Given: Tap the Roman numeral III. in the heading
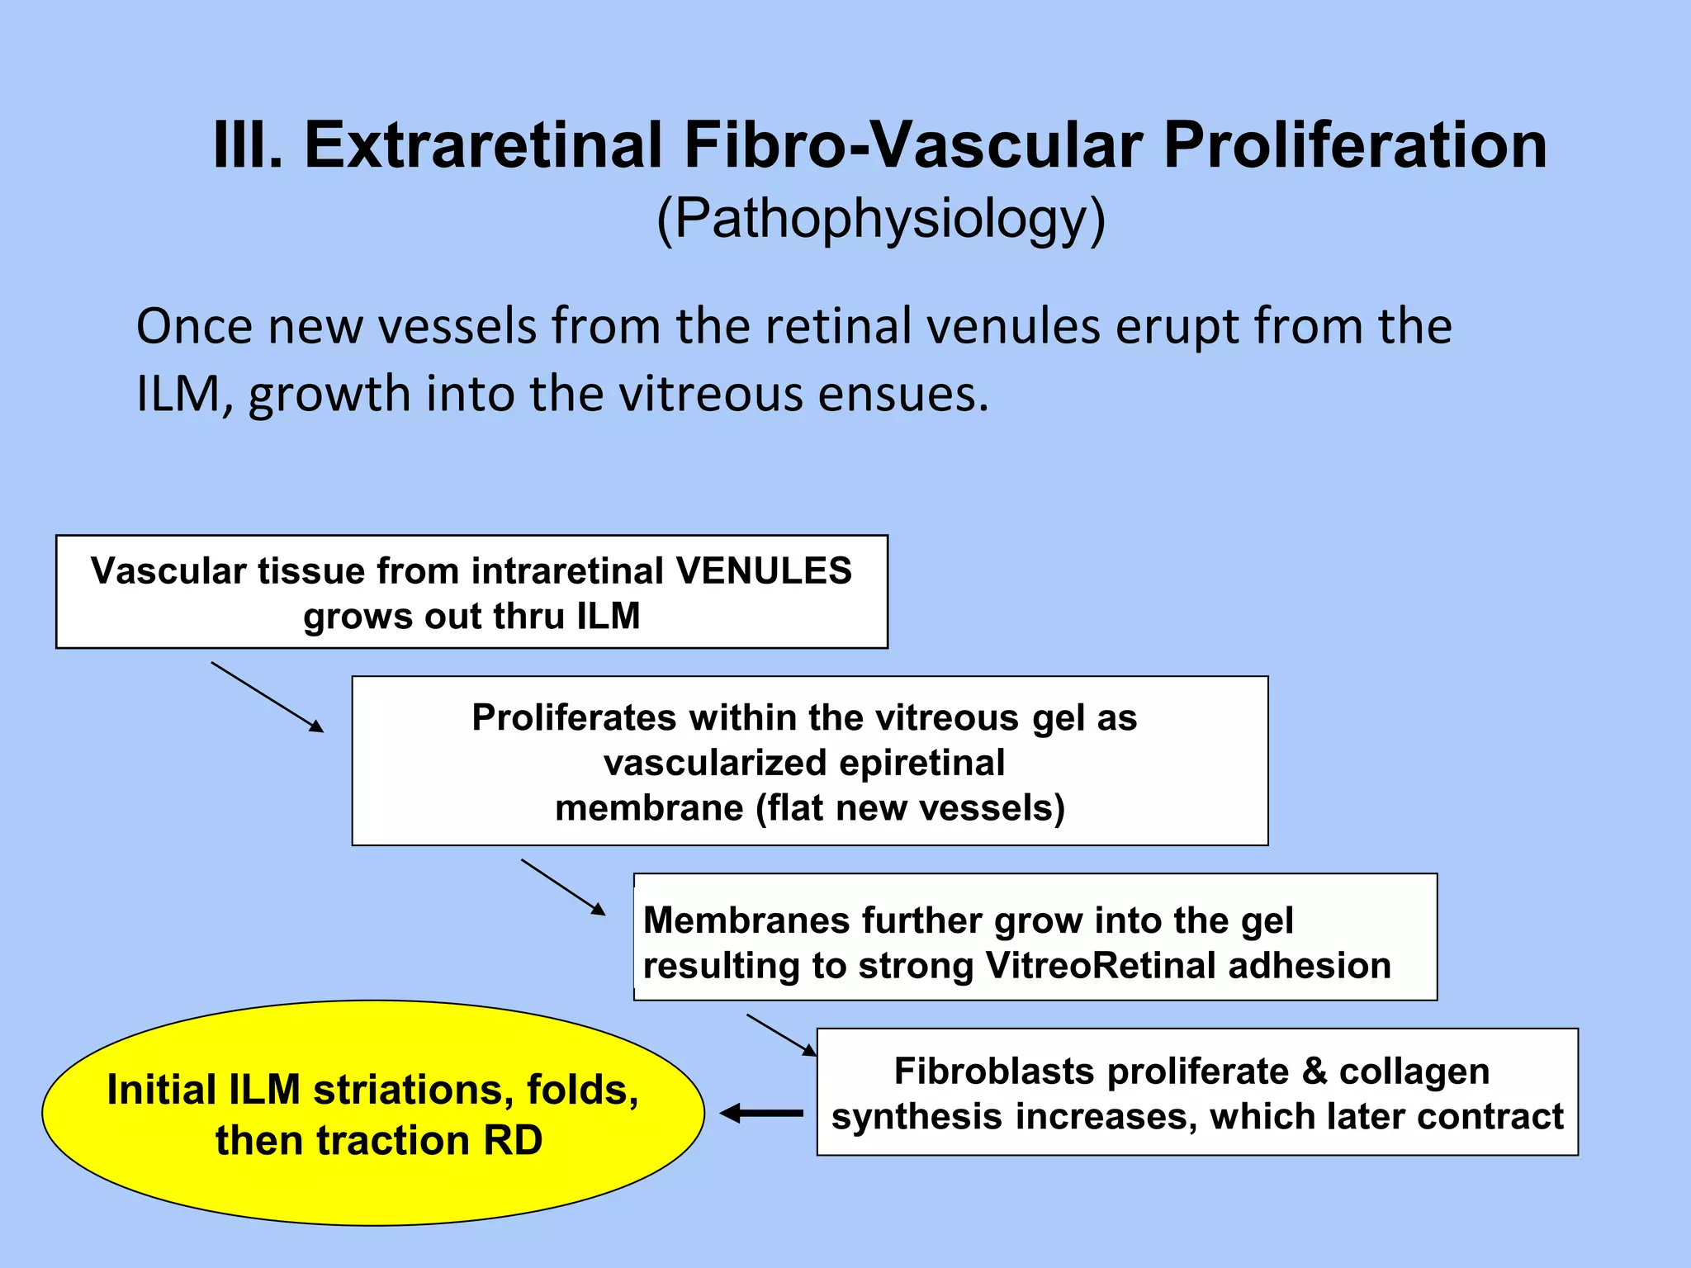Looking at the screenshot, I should point(248,145).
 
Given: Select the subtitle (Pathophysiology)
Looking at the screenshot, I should point(880,219).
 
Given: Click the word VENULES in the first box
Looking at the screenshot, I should point(764,571).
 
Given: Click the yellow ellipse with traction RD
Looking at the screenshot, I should point(373,1113).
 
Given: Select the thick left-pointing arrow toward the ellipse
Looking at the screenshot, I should point(761,1114).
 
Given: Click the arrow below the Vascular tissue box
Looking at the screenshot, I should point(267,697).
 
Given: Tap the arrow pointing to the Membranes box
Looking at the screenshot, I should point(562,887).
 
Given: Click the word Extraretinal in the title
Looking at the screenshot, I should point(482,145).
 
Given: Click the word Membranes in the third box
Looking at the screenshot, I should point(746,920).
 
